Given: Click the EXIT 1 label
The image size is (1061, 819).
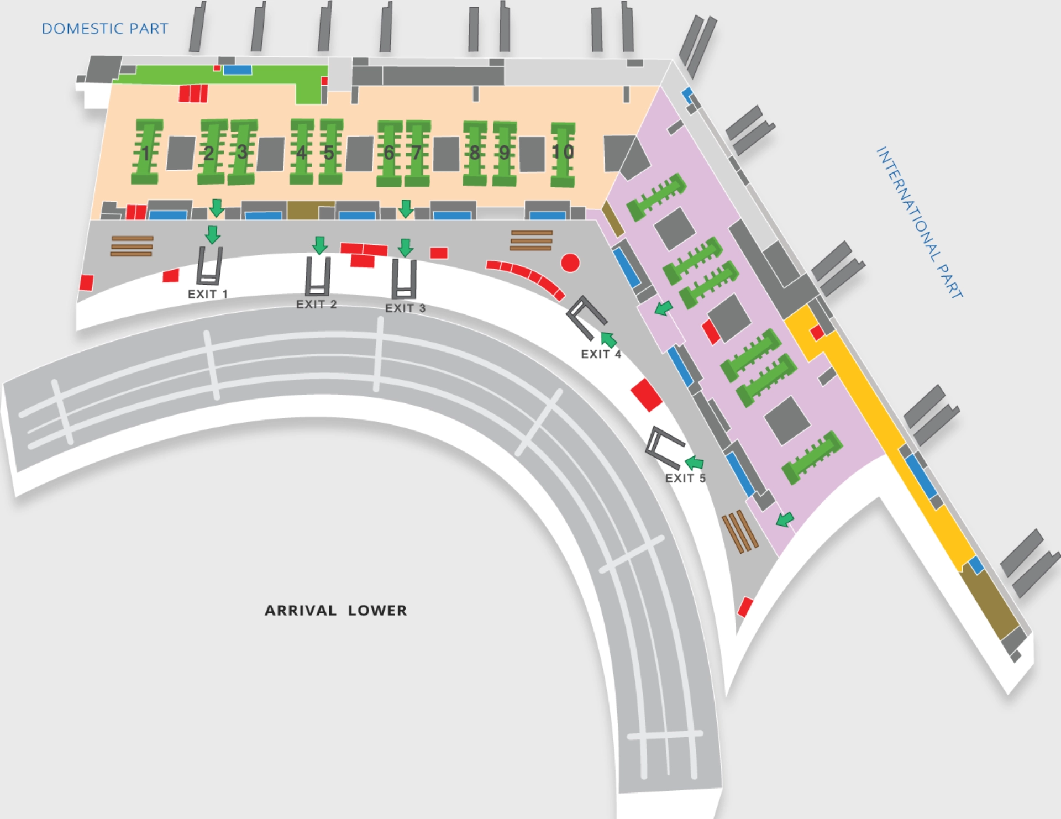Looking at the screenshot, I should tap(208, 294).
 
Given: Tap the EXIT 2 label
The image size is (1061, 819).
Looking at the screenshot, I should tap(316, 304).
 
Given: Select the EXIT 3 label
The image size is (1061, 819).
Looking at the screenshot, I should tap(405, 308).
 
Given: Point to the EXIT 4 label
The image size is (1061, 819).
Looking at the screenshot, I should tap(601, 354).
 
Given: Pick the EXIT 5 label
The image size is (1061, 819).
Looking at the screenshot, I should tap(685, 478).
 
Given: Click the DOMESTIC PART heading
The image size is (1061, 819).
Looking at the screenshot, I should tap(104, 29).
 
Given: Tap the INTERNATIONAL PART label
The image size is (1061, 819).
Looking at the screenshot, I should tap(920, 222).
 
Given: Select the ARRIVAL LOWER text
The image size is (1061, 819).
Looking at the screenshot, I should tap(335, 610).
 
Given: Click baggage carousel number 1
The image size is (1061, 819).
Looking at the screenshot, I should tap(146, 152).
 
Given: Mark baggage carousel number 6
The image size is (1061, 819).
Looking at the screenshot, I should tap(389, 153).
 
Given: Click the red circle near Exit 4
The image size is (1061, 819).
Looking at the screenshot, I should tap(570, 263).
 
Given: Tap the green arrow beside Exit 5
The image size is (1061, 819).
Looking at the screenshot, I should tap(695, 462).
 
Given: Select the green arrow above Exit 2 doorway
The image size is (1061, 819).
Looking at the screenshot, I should tap(319, 245).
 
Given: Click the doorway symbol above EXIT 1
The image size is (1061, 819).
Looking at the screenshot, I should tap(209, 266).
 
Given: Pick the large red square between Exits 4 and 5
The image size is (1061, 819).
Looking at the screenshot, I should tap(646, 395).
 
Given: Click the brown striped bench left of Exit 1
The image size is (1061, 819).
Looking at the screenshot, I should tap(132, 246).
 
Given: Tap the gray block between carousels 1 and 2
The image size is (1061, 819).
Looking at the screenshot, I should tap(181, 153).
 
